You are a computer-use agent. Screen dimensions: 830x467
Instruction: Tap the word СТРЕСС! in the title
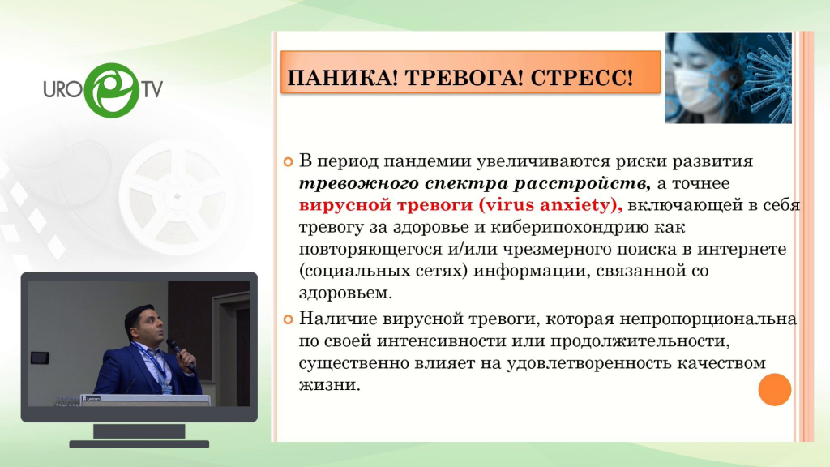[581, 78]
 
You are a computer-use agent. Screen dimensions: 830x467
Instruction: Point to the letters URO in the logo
[63, 89]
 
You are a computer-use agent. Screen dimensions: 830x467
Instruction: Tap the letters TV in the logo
[152, 89]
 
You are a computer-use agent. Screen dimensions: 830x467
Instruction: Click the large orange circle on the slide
[774, 390]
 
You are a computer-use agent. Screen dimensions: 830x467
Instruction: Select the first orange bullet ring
[288, 161]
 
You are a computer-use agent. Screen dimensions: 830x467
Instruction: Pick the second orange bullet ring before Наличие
[288, 319]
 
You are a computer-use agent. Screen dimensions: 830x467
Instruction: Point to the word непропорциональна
[708, 319]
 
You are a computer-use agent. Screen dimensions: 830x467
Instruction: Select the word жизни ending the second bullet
[329, 385]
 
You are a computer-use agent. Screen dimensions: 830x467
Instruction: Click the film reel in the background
[178, 196]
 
